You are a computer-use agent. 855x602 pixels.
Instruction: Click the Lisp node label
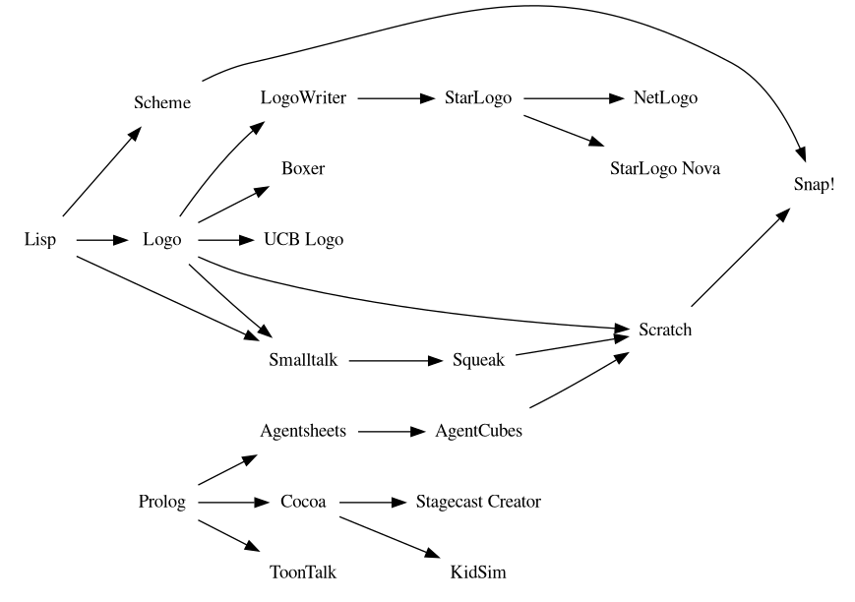tap(40, 239)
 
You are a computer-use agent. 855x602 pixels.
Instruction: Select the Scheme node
tap(162, 102)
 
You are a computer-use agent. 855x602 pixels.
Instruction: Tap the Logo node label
tap(162, 239)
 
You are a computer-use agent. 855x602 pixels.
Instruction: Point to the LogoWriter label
tap(303, 98)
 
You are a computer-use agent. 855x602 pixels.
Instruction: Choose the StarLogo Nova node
tap(665, 168)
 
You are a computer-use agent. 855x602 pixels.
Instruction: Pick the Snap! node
tap(815, 184)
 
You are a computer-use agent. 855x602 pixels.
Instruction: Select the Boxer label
tap(303, 168)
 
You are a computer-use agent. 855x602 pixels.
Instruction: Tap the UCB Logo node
tap(303, 239)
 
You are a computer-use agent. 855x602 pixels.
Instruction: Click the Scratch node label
tap(665, 330)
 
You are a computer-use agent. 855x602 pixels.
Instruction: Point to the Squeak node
tap(478, 360)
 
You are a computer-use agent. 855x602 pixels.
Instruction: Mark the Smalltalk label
tap(303, 360)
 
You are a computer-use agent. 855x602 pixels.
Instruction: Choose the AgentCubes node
tap(478, 431)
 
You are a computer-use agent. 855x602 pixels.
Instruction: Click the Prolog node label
tap(162, 503)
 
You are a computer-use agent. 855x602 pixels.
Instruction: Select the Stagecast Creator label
tap(478, 503)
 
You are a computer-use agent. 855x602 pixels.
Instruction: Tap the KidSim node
tap(478, 572)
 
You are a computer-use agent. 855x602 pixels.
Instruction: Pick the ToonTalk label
tap(303, 572)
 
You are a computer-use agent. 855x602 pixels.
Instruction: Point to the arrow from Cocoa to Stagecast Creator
tap(372, 503)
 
